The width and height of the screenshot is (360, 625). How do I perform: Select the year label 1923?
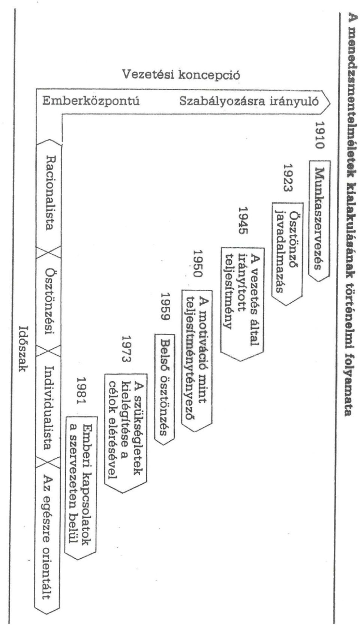pyautogui.click(x=288, y=178)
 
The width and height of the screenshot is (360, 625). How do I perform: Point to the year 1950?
pyautogui.click(x=197, y=264)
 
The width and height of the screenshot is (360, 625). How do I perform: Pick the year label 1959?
pyautogui.click(x=165, y=306)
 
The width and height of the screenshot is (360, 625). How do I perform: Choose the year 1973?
pyautogui.click(x=127, y=349)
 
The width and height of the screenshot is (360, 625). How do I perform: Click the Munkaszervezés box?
pyautogui.click(x=319, y=222)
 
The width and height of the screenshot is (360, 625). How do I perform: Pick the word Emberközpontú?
pyautogui.click(x=91, y=101)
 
